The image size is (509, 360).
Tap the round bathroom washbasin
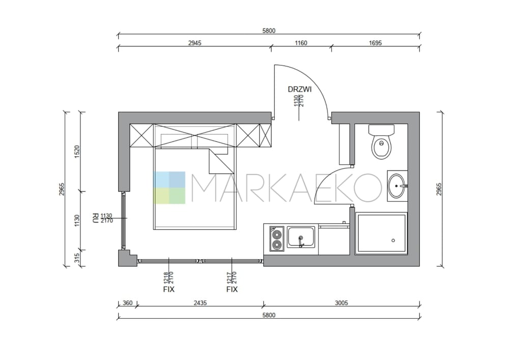[397, 186]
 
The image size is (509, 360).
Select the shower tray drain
[393, 240]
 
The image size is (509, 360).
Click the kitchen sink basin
[301, 237]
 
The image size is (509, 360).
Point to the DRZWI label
[300, 89]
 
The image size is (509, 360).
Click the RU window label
[96, 218]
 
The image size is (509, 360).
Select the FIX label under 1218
[169, 289]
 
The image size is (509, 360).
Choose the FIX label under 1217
[232, 289]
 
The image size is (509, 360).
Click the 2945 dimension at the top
[194, 43]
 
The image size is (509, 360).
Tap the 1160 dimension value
[301, 43]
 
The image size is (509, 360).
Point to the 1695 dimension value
[375, 43]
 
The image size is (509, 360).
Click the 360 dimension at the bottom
[128, 303]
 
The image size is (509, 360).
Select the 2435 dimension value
[200, 303]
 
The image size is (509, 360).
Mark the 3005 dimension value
[341, 303]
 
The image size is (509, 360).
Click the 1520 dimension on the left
[77, 152]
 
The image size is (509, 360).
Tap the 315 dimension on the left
[77, 258]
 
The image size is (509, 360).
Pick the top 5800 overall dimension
[269, 31]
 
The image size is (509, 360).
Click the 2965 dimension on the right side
[439, 189]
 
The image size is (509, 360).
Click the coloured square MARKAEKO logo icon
[169, 187]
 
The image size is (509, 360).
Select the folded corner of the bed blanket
[221, 161]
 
